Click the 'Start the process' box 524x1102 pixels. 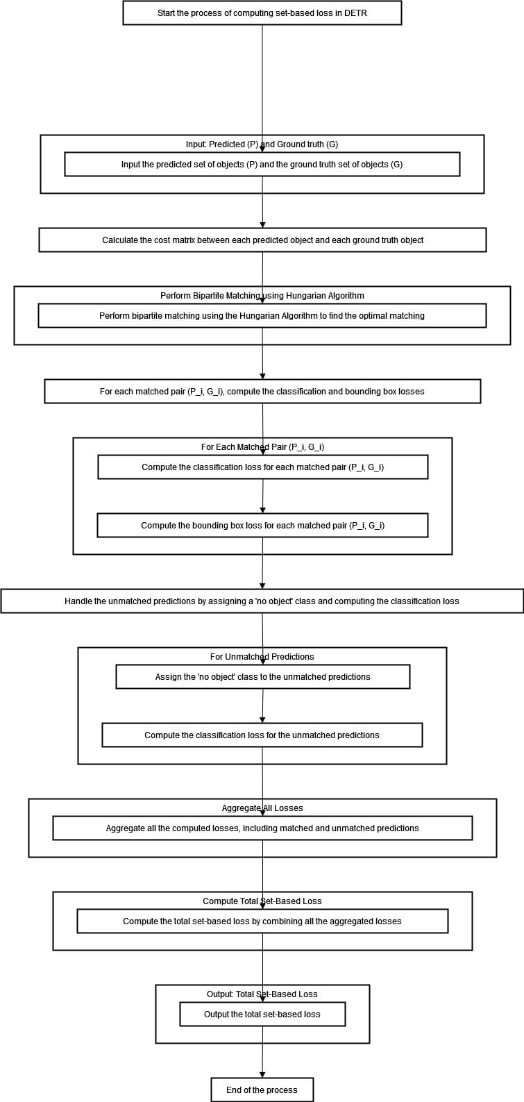tap(262, 12)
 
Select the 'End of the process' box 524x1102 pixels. tap(262, 1090)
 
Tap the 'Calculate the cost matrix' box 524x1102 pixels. tap(262, 240)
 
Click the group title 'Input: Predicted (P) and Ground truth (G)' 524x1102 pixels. tap(262, 144)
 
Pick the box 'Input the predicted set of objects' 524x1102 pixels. tap(262, 165)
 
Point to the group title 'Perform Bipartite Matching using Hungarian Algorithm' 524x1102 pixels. tap(262, 296)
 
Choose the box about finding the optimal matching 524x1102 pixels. tap(262, 316)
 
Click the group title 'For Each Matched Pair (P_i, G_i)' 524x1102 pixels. tap(262, 447)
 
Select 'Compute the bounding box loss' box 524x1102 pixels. tap(262, 526)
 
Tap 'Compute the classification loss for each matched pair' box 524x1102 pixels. tap(262, 467)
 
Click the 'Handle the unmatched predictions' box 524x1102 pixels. tap(262, 601)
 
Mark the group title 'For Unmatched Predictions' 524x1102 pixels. tap(262, 657)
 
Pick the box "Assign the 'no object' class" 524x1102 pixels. tap(262, 677)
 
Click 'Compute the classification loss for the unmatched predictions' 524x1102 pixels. tap(262, 735)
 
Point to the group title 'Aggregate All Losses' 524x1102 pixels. tap(262, 808)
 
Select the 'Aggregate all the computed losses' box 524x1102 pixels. tap(262, 828)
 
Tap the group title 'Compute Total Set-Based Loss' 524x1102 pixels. tap(262, 901)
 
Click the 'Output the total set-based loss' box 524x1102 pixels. tap(262, 1015)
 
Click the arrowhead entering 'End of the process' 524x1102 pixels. tap(262, 1074)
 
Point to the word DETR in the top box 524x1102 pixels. tap(356, 12)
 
